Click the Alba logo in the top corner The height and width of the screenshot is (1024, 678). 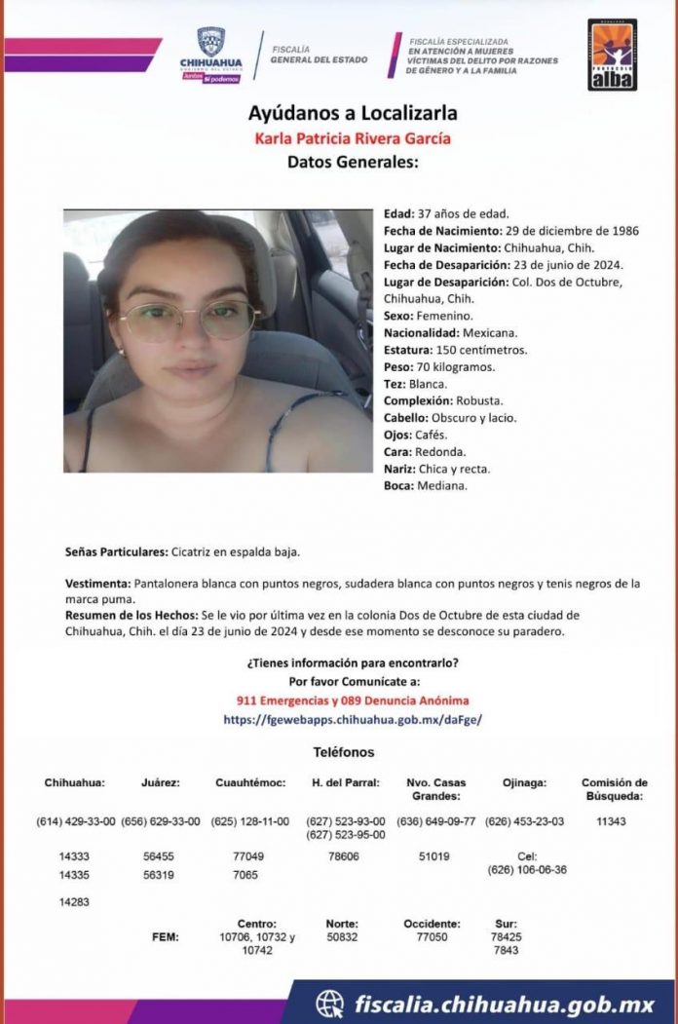pos(612,55)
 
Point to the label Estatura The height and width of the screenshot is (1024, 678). pos(408,349)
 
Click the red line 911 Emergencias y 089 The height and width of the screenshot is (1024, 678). pos(352,701)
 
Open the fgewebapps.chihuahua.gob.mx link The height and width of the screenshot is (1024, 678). pos(352,720)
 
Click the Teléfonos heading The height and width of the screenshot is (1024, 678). pos(343,752)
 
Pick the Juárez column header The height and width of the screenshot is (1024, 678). pos(160,782)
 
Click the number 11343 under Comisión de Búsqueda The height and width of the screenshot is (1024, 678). pos(611,821)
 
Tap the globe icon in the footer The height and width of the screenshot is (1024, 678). pos(330,1003)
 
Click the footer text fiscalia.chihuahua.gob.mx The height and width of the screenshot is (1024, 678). pos(502,1003)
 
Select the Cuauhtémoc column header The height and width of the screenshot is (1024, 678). pos(250,782)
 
